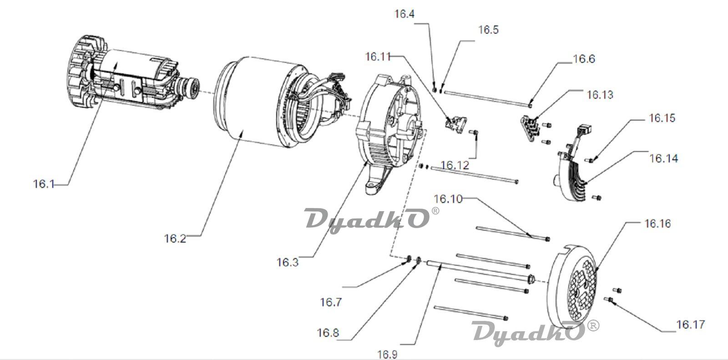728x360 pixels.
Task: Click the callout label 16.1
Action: point(44,184)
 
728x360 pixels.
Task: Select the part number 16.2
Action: point(175,238)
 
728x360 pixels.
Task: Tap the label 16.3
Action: point(287,263)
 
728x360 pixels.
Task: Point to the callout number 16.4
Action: point(404,14)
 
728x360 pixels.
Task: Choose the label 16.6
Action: point(584,59)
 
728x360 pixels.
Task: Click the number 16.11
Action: point(378,56)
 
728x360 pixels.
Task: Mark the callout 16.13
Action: point(600,95)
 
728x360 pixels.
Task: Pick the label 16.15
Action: point(662,118)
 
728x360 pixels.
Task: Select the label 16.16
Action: point(657,224)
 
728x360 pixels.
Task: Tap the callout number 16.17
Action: point(691,325)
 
